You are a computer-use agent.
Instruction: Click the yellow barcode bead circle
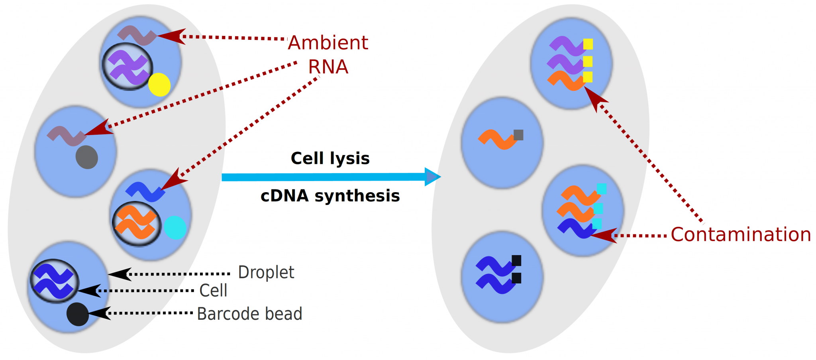pyautogui.click(x=159, y=85)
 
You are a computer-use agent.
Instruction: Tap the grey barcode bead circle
pyautogui.click(x=87, y=157)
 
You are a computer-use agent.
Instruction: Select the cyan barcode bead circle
pyautogui.click(x=175, y=228)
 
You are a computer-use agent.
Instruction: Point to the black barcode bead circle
pyautogui.click(x=77, y=314)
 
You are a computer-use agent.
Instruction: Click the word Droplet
pyautogui.click(x=266, y=273)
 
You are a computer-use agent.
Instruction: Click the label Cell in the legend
pyautogui.click(x=213, y=291)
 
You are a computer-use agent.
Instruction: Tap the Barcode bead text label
pyautogui.click(x=249, y=314)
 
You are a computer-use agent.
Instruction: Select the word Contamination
pyautogui.click(x=741, y=234)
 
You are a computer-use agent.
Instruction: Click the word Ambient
pyautogui.click(x=328, y=43)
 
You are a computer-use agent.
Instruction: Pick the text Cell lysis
pyautogui.click(x=330, y=158)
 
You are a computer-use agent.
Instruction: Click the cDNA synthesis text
pyautogui.click(x=330, y=196)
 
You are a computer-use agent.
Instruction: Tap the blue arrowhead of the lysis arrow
pyautogui.click(x=432, y=177)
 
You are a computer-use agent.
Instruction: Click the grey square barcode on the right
pyautogui.click(x=518, y=135)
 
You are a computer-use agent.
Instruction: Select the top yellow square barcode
pyautogui.click(x=588, y=44)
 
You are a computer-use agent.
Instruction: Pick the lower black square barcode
pyautogui.click(x=516, y=278)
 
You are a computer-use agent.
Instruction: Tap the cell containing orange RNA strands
pyautogui.click(x=137, y=224)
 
